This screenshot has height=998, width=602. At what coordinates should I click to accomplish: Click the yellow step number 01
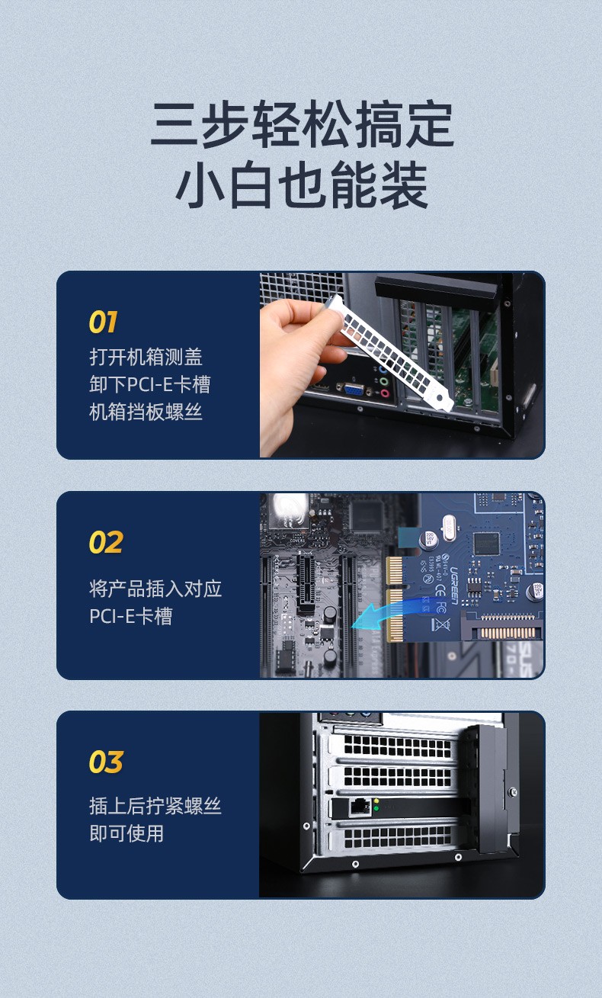pyautogui.click(x=103, y=322)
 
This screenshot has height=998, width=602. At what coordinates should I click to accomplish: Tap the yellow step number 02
pyautogui.click(x=106, y=542)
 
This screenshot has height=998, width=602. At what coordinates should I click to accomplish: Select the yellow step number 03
pyautogui.click(x=106, y=762)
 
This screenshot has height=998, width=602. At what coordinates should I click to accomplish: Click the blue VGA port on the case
pyautogui.click(x=354, y=389)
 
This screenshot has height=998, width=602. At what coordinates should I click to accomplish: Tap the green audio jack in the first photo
pyautogui.click(x=384, y=381)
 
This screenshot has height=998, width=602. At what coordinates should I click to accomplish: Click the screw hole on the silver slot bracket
pyautogui.click(x=440, y=397)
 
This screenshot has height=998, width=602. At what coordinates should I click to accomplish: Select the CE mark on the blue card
pyautogui.click(x=440, y=592)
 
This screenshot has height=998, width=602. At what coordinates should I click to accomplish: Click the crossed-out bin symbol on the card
pyautogui.click(x=440, y=624)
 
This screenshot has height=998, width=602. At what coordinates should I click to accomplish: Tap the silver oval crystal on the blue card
pyautogui.click(x=450, y=522)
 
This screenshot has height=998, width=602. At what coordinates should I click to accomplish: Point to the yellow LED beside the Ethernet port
pyautogui.click(x=376, y=801)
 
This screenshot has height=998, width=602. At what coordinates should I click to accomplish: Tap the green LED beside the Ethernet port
pyautogui.click(x=376, y=808)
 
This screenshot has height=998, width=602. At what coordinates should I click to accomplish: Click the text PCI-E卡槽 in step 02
pyautogui.click(x=130, y=616)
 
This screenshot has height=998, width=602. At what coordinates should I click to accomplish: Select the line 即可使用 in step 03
pyautogui.click(x=126, y=833)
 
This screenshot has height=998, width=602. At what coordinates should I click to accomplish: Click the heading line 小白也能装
pyautogui.click(x=302, y=185)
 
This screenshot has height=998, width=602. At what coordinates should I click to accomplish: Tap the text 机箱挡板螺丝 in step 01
pyautogui.click(x=146, y=412)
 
